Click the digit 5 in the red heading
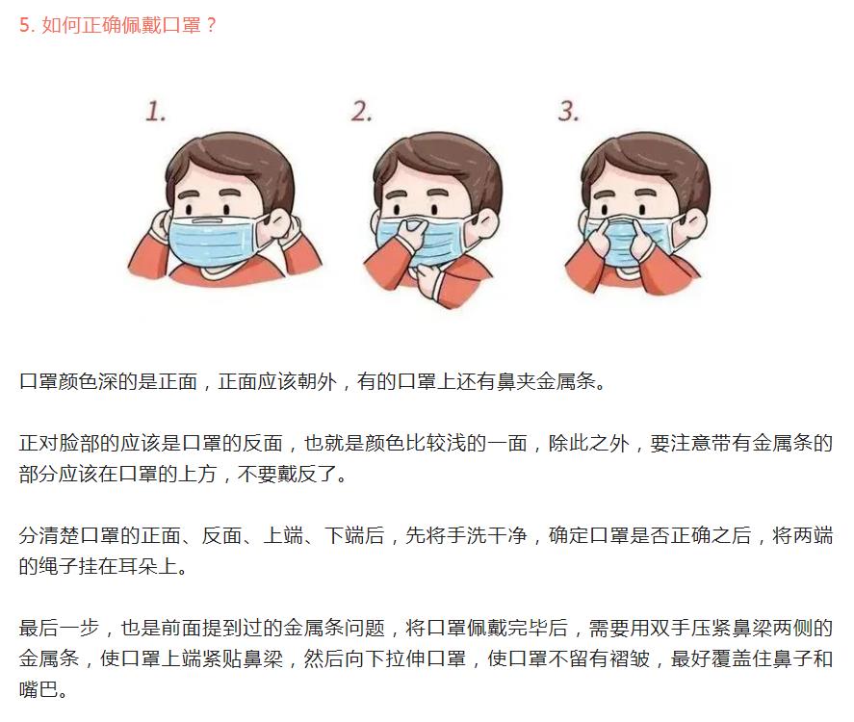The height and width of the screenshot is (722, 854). click(24, 25)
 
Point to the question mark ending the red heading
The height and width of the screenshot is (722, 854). click(212, 25)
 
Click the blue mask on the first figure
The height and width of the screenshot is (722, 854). click(213, 240)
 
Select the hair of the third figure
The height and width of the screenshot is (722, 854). click(646, 164)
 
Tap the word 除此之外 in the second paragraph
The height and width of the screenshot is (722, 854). click(588, 443)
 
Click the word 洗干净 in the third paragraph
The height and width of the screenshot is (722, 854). click(496, 536)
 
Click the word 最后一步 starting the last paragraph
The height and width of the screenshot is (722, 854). click(59, 629)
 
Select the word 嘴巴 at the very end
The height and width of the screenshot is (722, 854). click(39, 690)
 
